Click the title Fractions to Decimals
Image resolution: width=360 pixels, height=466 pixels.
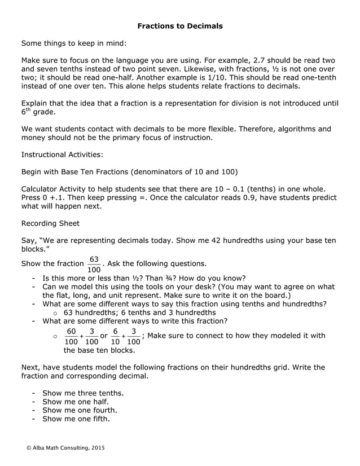(x=180, y=26)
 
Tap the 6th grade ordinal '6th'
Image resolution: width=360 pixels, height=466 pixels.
(x=26, y=112)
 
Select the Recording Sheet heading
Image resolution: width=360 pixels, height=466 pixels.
(x=50, y=223)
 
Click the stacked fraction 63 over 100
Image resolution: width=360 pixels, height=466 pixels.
(x=94, y=264)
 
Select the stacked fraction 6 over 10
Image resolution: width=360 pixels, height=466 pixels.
(x=115, y=336)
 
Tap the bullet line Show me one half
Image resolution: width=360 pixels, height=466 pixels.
(x=76, y=402)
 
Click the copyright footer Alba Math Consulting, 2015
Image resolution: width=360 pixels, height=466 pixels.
(x=65, y=447)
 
